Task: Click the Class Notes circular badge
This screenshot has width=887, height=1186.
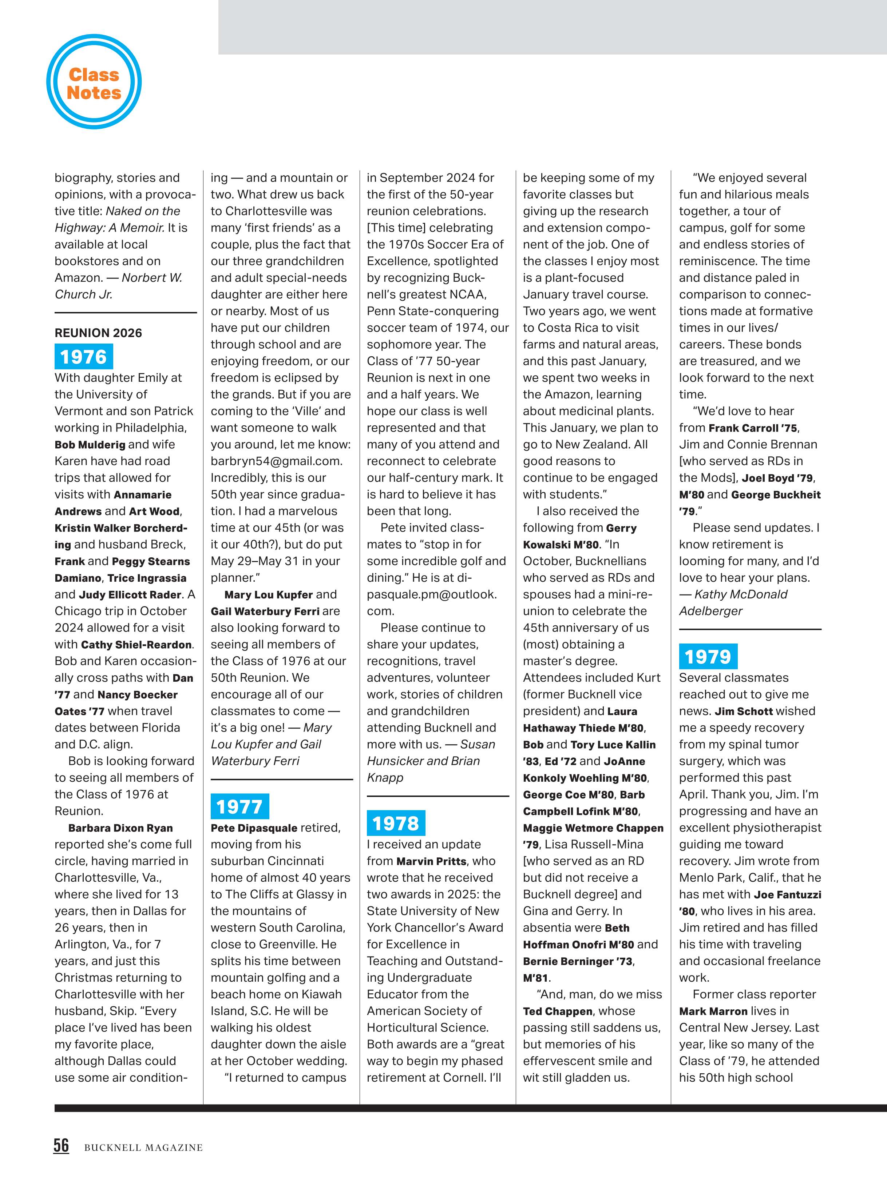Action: pos(94,83)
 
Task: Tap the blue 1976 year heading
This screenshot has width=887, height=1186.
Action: pos(84,357)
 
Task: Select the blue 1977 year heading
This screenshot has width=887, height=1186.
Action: pos(239,806)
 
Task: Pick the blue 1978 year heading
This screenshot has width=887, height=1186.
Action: pos(396,823)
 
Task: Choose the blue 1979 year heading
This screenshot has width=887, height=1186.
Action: pos(708,657)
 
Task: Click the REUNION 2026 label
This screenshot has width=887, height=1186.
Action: pos(98,333)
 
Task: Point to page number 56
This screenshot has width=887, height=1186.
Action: pos(61,1145)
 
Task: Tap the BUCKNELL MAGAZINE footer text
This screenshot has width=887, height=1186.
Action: pos(143,1147)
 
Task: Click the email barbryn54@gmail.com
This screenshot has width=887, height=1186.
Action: pos(276,461)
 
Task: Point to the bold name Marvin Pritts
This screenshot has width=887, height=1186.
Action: pos(431,861)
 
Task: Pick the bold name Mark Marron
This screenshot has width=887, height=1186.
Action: pos(713,1011)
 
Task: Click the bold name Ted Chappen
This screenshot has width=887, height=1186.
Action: pos(558,1011)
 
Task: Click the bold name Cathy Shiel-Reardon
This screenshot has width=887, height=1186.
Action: pos(136,645)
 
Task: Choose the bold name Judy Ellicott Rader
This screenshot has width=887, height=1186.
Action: pos(130,594)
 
